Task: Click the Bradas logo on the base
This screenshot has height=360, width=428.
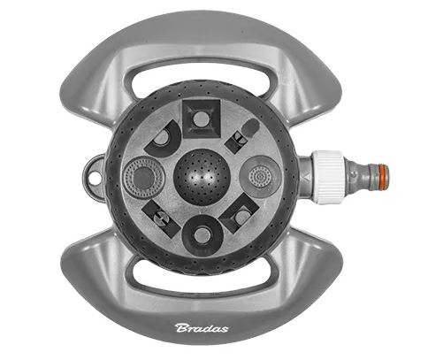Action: tap(202, 328)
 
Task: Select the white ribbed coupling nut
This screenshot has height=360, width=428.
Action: tap(328, 177)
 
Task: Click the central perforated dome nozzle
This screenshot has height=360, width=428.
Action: tap(202, 177)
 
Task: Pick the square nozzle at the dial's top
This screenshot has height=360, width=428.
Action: tap(202, 119)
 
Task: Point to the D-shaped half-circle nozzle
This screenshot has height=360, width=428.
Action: tap(162, 139)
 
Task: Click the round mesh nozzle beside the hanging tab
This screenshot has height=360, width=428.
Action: tap(143, 178)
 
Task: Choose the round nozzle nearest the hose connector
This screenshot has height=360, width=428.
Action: tap(260, 177)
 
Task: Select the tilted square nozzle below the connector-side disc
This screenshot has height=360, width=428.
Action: tap(240, 214)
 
